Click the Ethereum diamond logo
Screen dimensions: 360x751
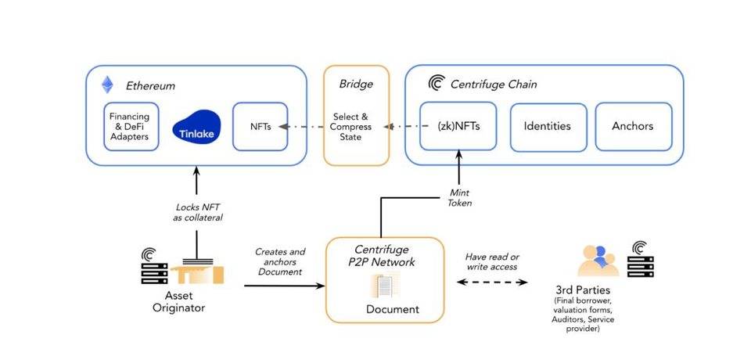107,85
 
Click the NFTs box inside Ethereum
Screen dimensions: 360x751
260,127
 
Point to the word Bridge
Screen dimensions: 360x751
356,84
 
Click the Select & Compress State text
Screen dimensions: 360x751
357,127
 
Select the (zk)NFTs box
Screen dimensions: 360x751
459,126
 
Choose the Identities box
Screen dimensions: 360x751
547,126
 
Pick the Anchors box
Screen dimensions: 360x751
634,126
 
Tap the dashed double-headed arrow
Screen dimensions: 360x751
490,282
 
